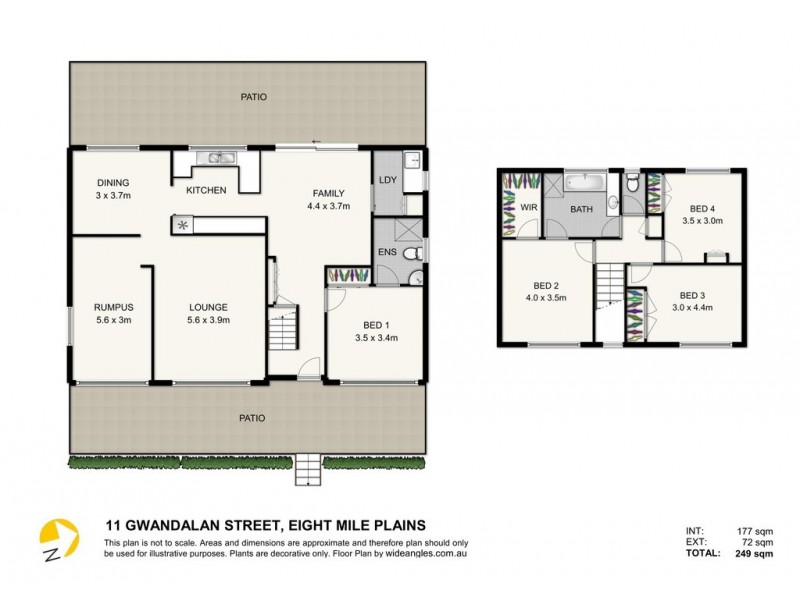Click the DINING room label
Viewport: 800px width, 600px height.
tap(112, 182)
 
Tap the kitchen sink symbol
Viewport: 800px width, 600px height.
tap(215, 158)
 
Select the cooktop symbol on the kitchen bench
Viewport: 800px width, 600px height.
tap(183, 225)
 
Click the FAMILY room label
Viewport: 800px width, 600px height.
tap(328, 193)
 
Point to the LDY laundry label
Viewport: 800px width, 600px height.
tap(387, 180)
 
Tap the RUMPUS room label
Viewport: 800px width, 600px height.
tap(113, 307)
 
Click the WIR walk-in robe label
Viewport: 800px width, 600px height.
tap(527, 208)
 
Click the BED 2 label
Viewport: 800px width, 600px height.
tap(546, 285)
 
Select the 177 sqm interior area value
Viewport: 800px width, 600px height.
tap(735, 531)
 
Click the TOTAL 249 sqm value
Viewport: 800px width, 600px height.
tap(735, 552)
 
